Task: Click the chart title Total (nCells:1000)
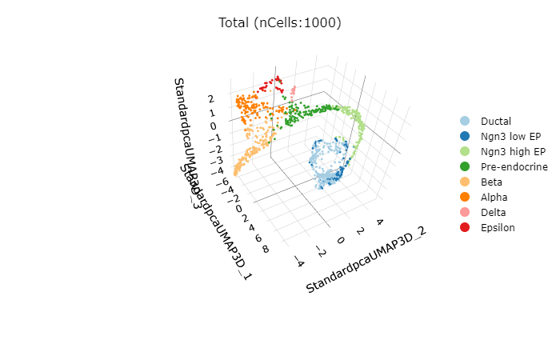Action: pos(280,22)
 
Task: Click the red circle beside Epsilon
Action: pos(465,227)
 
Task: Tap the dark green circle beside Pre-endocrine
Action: pos(465,166)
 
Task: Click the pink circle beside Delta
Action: pos(465,212)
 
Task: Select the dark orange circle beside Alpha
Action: pos(465,197)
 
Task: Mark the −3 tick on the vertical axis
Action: pos(211,159)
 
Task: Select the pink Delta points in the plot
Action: pos(294,90)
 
